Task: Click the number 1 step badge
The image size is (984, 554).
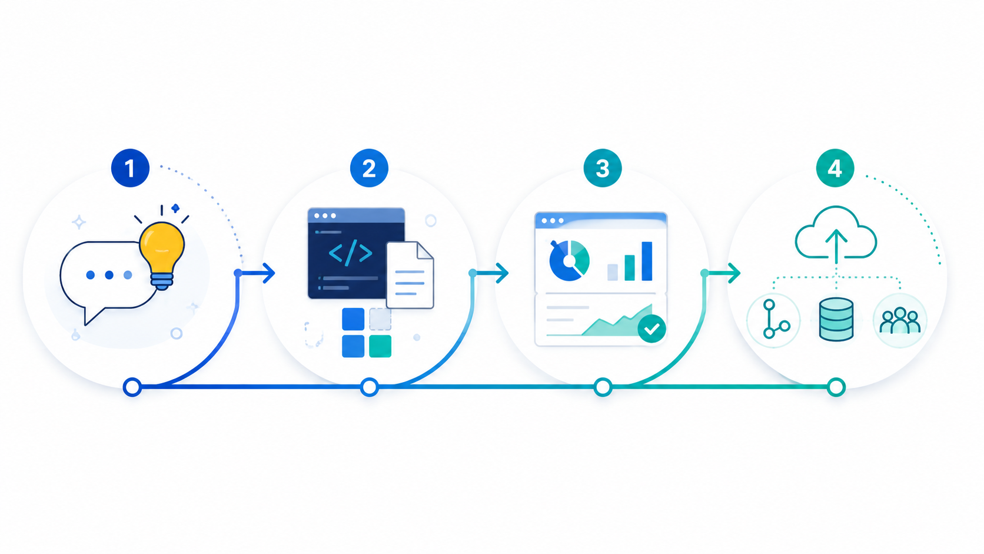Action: [x=130, y=168]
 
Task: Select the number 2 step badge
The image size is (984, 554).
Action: [x=369, y=168]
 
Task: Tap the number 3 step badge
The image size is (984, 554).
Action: [x=602, y=168]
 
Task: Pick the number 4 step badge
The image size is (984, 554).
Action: [x=835, y=168]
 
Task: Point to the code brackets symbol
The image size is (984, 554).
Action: [x=351, y=253]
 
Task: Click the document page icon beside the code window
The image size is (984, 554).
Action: [x=410, y=275]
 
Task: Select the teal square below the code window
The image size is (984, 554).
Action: [x=380, y=346]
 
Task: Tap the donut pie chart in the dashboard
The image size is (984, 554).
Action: [x=569, y=261]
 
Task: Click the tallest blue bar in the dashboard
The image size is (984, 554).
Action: [x=647, y=261]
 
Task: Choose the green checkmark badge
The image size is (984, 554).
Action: [x=651, y=329]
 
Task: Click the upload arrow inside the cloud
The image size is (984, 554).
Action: [x=836, y=247]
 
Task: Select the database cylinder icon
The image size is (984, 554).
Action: [x=836, y=320]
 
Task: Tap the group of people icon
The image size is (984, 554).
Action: [x=900, y=320]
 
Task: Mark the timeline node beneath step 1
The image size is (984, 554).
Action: [x=132, y=387]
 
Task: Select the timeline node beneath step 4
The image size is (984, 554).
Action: [x=836, y=387]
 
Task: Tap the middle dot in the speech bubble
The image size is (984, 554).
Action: [x=109, y=275]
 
